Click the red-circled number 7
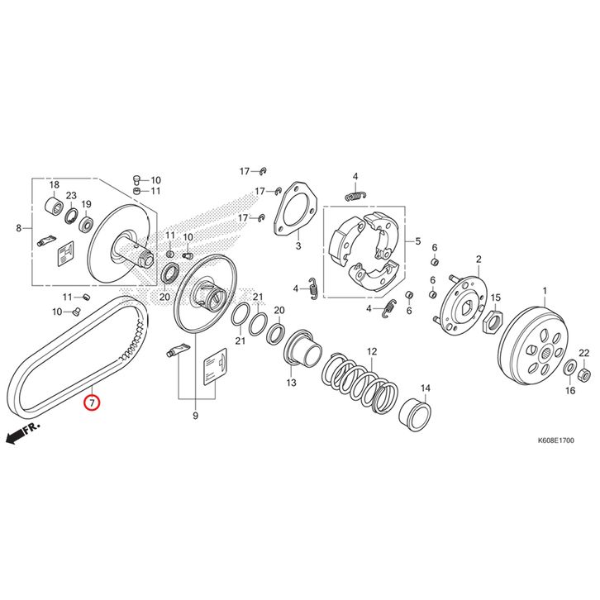(x=92, y=402)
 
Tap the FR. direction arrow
(x=22, y=432)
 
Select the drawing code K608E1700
(x=555, y=440)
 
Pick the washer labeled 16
(x=569, y=368)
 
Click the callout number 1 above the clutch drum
(x=545, y=292)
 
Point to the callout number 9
(x=195, y=416)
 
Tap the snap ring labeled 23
(x=71, y=215)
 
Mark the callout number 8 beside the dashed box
(x=19, y=228)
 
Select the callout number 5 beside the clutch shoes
(x=418, y=241)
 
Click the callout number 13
(x=291, y=383)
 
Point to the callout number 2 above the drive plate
(x=479, y=260)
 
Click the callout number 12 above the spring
(x=372, y=351)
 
